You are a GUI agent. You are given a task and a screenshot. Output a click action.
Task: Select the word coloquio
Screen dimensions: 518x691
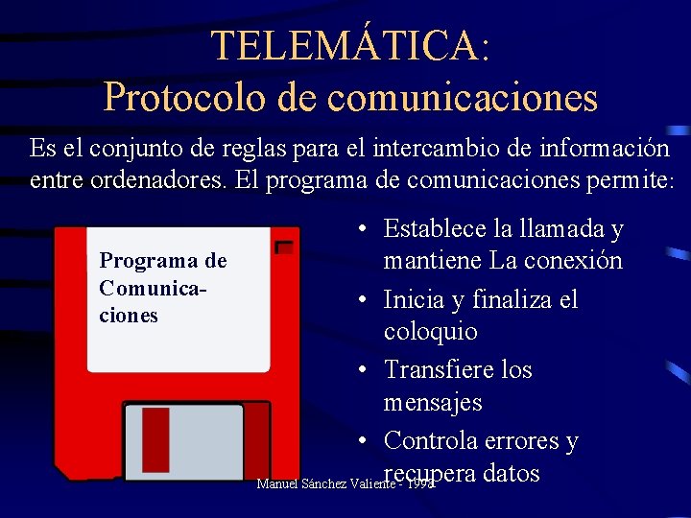coord(430,331)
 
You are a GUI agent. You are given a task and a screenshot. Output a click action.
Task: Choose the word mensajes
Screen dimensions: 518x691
coord(432,402)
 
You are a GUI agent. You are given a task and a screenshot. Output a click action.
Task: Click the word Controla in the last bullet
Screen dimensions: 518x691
coord(438,440)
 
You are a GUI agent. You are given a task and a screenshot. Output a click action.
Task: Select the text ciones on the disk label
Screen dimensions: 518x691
coord(128,315)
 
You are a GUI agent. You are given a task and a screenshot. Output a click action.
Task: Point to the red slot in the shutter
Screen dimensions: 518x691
coord(155,439)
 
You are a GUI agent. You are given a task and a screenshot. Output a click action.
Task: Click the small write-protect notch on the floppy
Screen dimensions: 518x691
coord(283,247)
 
